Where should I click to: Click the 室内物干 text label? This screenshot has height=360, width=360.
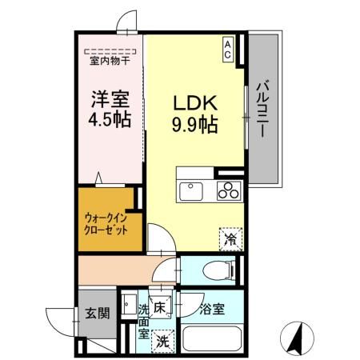point(110,60)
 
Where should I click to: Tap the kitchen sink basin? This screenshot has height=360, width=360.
point(193,192)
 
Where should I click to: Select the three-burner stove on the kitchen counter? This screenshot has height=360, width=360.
point(228,192)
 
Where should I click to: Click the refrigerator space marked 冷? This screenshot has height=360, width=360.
point(229,237)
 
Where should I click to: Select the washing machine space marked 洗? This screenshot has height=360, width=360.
point(162,339)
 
